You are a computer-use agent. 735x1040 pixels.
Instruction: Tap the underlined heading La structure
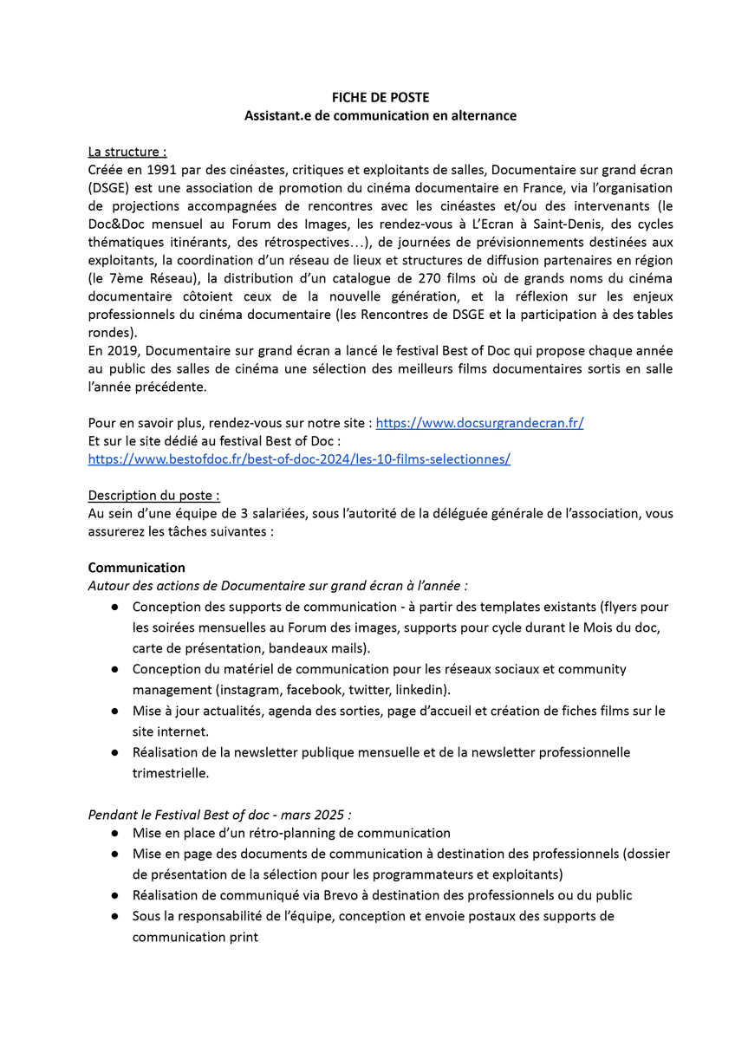(127, 152)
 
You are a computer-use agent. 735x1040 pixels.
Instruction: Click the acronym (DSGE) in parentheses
(107, 188)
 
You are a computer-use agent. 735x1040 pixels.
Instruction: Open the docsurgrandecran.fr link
(479, 423)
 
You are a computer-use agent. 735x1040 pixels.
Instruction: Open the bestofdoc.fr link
(299, 459)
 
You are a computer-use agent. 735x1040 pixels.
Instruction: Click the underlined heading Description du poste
(153, 496)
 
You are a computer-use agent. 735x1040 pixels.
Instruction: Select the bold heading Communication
(136, 568)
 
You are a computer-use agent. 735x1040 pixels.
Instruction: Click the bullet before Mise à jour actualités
(114, 711)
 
